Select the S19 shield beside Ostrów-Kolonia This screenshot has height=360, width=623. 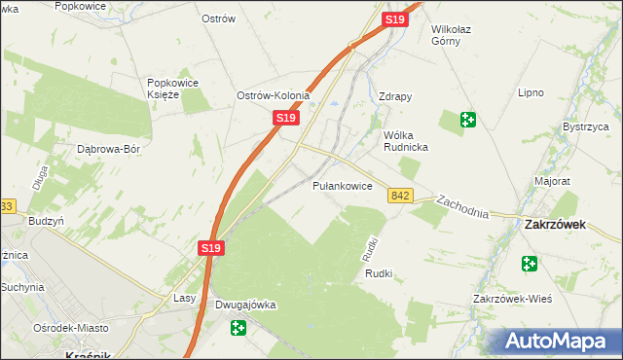(x=284, y=118)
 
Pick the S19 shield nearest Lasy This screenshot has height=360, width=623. (x=213, y=249)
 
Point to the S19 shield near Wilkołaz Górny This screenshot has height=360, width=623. (x=394, y=19)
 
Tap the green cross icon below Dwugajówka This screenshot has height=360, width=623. (x=238, y=329)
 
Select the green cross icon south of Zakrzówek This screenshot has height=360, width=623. (x=529, y=264)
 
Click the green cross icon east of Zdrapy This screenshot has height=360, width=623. (x=468, y=120)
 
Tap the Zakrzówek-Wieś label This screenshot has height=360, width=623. (x=512, y=299)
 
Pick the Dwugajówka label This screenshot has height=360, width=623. (x=245, y=306)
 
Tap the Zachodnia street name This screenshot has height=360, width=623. (x=462, y=206)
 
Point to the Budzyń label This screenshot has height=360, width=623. (x=46, y=221)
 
